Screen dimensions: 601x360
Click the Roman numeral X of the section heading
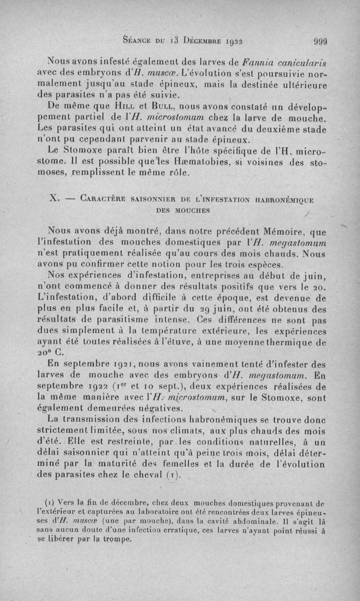pyautogui.click(x=53, y=199)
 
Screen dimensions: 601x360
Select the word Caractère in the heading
pyautogui.click(x=100, y=199)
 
